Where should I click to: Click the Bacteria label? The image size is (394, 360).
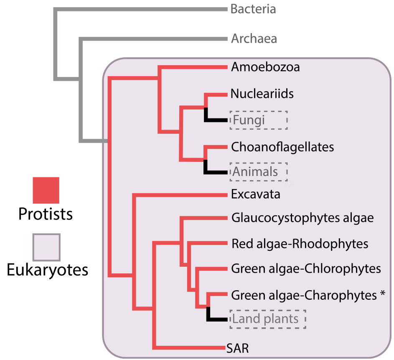pos(253,9)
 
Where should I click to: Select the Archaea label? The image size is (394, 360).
pos(254,39)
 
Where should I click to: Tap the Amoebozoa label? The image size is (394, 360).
pos(265,67)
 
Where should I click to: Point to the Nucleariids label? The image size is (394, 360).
pos(262,94)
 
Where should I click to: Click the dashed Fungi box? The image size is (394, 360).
pos(258,120)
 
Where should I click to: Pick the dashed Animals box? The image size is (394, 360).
pos(259,172)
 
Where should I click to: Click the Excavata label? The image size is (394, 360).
pos(255,194)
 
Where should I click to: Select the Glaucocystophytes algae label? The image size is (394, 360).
pos(302,218)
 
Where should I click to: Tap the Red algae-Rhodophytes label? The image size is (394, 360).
pos(300,244)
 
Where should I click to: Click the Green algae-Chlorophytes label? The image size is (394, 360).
pos(306,268)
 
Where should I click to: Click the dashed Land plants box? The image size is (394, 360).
pos(268,319)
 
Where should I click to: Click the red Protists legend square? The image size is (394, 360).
pos(46,190)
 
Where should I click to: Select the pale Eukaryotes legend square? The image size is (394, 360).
pos(46,247)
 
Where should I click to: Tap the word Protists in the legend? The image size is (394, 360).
pos(46,214)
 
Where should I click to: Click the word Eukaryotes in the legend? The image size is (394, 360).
pos(47,270)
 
